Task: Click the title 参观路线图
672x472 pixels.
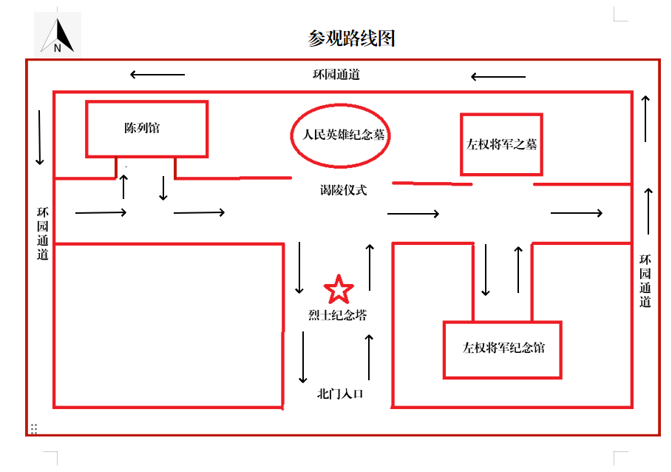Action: click(351, 38)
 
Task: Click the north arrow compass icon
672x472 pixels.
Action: click(58, 36)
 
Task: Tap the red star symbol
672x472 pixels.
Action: click(339, 289)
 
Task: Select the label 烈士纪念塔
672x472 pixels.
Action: click(337, 315)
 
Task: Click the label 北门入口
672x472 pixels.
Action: click(340, 394)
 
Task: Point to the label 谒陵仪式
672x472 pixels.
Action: click(343, 190)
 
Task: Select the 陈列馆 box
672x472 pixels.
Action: click(146, 129)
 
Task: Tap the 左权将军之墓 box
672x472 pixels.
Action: click(501, 144)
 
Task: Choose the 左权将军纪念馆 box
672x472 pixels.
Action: click(503, 348)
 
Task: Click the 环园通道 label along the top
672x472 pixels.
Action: click(336, 75)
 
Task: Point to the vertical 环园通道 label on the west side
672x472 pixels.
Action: click(43, 233)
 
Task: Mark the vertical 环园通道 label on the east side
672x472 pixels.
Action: click(645, 280)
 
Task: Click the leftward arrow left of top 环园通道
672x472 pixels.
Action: click(157, 74)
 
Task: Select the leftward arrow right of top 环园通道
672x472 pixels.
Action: click(498, 76)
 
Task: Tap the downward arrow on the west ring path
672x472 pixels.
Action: click(40, 138)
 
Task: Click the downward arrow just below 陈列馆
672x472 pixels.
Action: click(163, 189)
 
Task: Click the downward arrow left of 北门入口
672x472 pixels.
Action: click(303, 357)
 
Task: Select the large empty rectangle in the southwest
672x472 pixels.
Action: click(169, 326)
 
